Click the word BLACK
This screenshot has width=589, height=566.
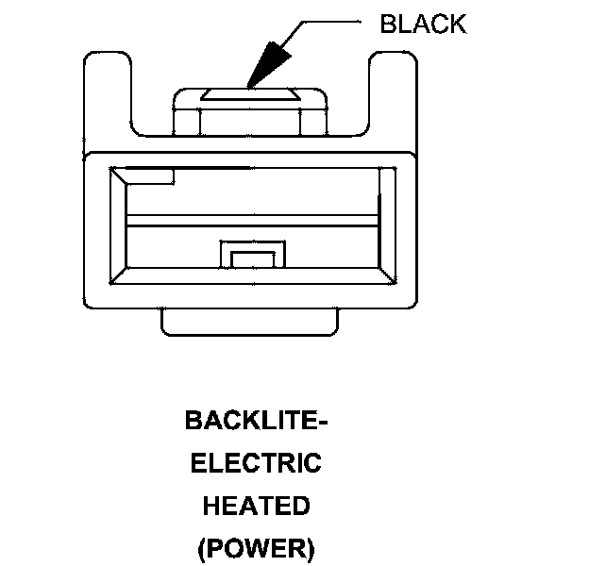[422, 25]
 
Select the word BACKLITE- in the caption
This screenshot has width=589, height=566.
[256, 421]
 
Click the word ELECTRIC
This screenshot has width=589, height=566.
[256, 463]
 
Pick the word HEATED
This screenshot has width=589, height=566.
[256, 506]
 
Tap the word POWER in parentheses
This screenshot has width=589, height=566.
[256, 548]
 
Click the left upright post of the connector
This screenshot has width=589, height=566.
[107, 99]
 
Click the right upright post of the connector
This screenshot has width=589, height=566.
[394, 99]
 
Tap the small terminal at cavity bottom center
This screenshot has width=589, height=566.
[252, 256]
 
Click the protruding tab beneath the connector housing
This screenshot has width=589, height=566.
[249, 321]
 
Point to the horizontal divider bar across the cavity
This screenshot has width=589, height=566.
[252, 221]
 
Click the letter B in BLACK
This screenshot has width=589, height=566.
[388, 25]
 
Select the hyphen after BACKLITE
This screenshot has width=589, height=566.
[322, 422]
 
